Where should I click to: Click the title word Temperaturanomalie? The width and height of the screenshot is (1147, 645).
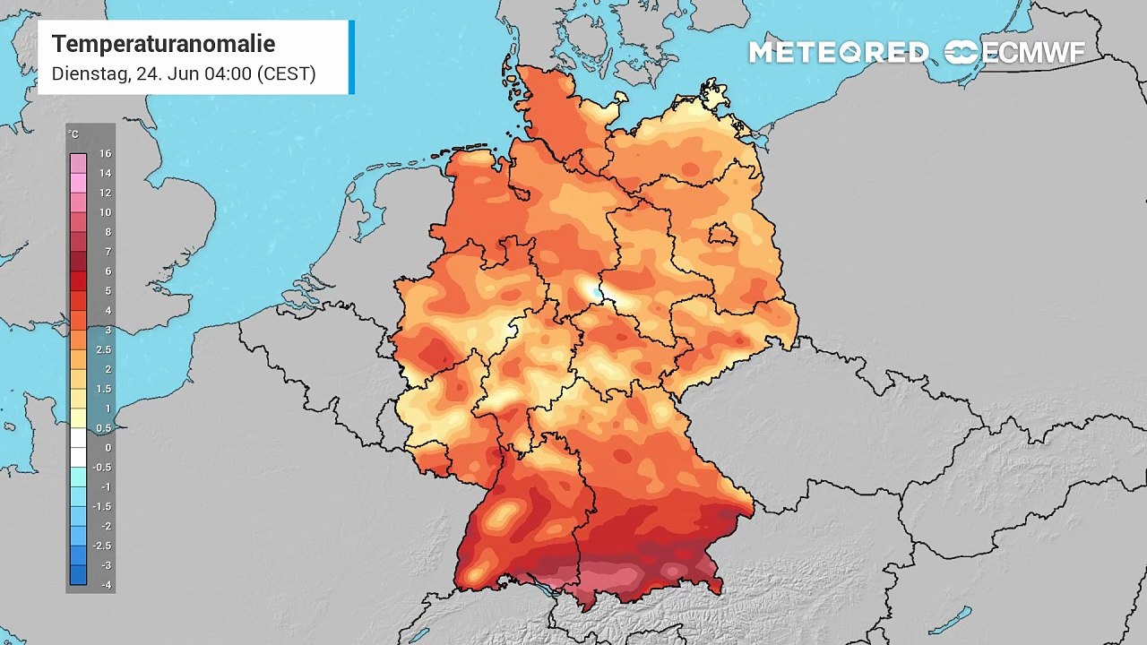click(163, 44)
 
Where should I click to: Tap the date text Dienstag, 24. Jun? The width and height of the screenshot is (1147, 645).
click(125, 73)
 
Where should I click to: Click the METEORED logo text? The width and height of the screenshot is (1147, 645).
click(839, 53)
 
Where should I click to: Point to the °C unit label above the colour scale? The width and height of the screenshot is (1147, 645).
click(73, 134)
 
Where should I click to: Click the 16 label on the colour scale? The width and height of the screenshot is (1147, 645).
click(105, 154)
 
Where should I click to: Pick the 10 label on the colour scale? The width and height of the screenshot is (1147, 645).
click(105, 212)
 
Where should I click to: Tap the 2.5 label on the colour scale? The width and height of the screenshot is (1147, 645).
click(105, 349)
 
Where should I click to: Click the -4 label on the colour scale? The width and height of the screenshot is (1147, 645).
click(105, 585)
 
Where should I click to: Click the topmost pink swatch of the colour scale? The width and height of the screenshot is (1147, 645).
click(79, 163)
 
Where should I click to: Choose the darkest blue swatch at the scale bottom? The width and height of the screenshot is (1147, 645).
click(79, 575)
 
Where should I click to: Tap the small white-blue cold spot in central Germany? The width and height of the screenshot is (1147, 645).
click(592, 290)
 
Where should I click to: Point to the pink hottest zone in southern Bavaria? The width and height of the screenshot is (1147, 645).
click(618, 578)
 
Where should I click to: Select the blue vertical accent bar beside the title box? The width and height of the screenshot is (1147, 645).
click(351, 57)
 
